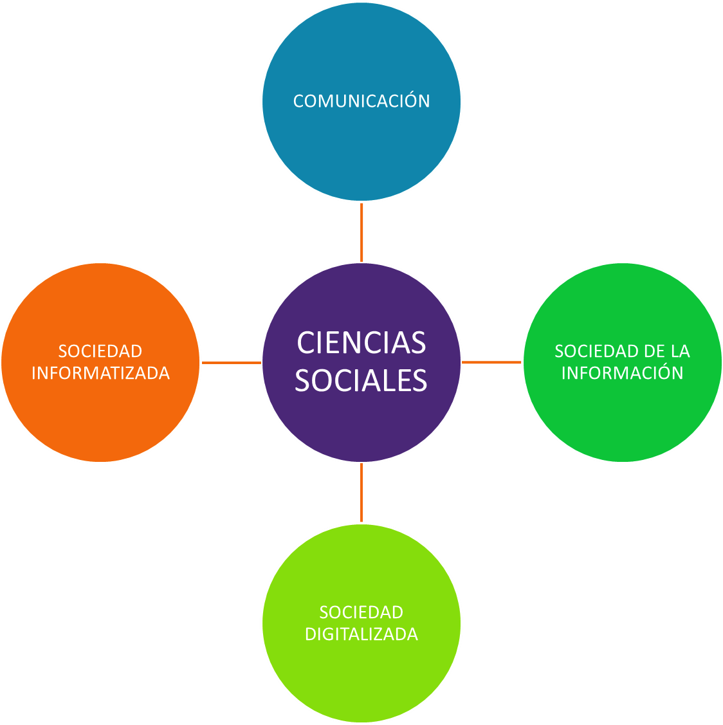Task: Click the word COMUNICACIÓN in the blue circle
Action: (x=361, y=101)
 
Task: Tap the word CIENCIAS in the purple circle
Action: (x=361, y=342)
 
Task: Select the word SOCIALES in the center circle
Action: (x=361, y=380)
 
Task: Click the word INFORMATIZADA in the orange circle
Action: (x=101, y=373)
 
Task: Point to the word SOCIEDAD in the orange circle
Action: (x=100, y=351)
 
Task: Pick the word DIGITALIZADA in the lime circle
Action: (x=361, y=634)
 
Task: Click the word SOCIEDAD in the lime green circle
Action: (x=361, y=612)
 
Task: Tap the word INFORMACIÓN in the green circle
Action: (x=623, y=373)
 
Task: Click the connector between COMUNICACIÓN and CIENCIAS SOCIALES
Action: (x=361, y=232)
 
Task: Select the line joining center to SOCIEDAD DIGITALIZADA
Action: (x=361, y=493)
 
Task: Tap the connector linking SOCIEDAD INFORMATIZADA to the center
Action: (x=231, y=363)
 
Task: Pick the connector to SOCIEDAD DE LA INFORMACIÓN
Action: (x=492, y=363)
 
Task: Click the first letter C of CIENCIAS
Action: (x=306, y=342)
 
